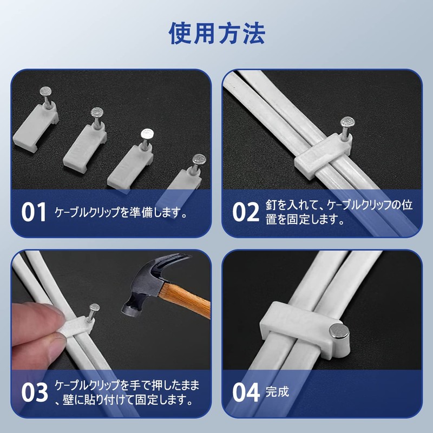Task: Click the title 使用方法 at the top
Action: coord(216,34)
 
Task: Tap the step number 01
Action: coord(34,212)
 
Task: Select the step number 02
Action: coord(246,212)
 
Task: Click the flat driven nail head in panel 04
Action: coord(337,331)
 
